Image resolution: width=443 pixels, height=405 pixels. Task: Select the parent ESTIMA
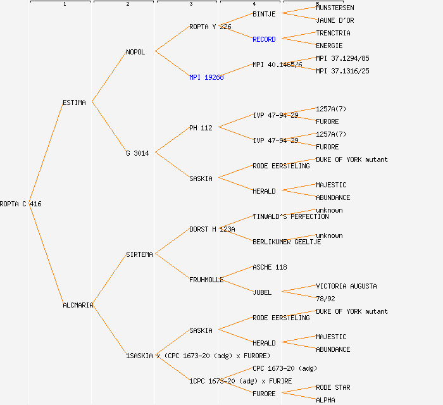coord(74,103)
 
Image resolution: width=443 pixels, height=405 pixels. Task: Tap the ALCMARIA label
coord(78,305)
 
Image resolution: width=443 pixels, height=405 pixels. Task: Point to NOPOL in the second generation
coord(135,52)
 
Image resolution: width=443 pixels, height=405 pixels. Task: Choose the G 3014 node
coord(137,153)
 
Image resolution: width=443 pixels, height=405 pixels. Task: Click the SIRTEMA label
coord(139,254)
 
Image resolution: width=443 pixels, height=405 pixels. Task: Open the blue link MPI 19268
coord(206,77)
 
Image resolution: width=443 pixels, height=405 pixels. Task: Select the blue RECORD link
coord(264,39)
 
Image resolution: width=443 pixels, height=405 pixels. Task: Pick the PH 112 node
coord(201,128)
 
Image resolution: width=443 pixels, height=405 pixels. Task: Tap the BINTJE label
coord(264,14)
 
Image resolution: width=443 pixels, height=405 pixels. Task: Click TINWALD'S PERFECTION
coord(290,216)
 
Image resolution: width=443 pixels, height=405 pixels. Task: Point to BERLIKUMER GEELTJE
coord(287,242)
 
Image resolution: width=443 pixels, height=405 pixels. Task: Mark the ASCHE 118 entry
coord(270,267)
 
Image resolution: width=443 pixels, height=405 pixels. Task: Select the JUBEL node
coord(262,292)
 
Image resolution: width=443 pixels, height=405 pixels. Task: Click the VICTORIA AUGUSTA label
coord(346,286)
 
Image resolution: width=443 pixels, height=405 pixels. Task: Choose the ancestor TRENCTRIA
coord(333,33)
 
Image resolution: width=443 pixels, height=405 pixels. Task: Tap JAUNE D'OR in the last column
coord(335,20)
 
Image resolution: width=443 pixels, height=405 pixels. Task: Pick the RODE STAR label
coord(333,387)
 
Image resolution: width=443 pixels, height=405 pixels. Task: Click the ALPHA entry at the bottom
coord(325,400)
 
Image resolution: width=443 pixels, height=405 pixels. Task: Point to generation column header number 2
coord(127,4)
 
